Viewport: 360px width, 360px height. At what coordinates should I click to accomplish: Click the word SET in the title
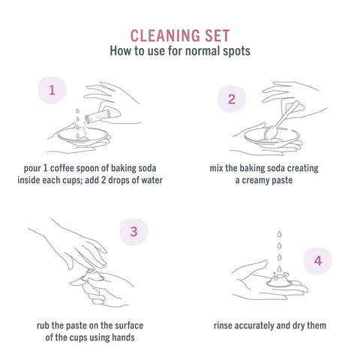pos(217,36)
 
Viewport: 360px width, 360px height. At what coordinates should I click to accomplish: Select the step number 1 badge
pos(52,90)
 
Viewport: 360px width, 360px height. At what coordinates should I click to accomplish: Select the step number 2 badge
pos(232,99)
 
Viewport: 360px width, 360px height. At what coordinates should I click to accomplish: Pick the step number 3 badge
pos(133,232)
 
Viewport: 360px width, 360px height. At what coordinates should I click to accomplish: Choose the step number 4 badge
pos(318,261)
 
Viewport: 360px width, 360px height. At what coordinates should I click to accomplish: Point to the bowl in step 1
pos(82,136)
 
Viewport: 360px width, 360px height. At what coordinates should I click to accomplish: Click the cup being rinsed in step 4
pos(279,280)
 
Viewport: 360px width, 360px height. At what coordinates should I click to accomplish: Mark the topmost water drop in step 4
pos(280,234)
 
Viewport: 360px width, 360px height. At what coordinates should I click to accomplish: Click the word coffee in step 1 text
pos(62,168)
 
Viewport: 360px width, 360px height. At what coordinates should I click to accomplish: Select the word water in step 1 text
pos(152,180)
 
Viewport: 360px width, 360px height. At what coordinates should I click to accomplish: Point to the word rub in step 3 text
pos(43,325)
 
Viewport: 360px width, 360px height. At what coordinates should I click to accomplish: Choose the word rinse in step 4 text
pos(223,325)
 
